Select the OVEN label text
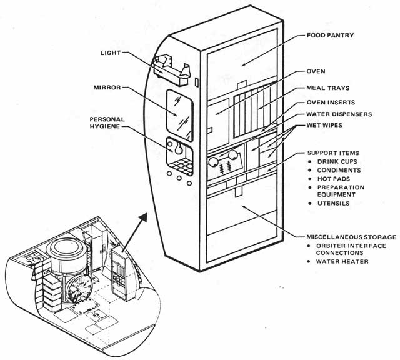317,71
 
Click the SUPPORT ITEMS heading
332,152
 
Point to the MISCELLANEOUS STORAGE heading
351,237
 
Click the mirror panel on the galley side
179,113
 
